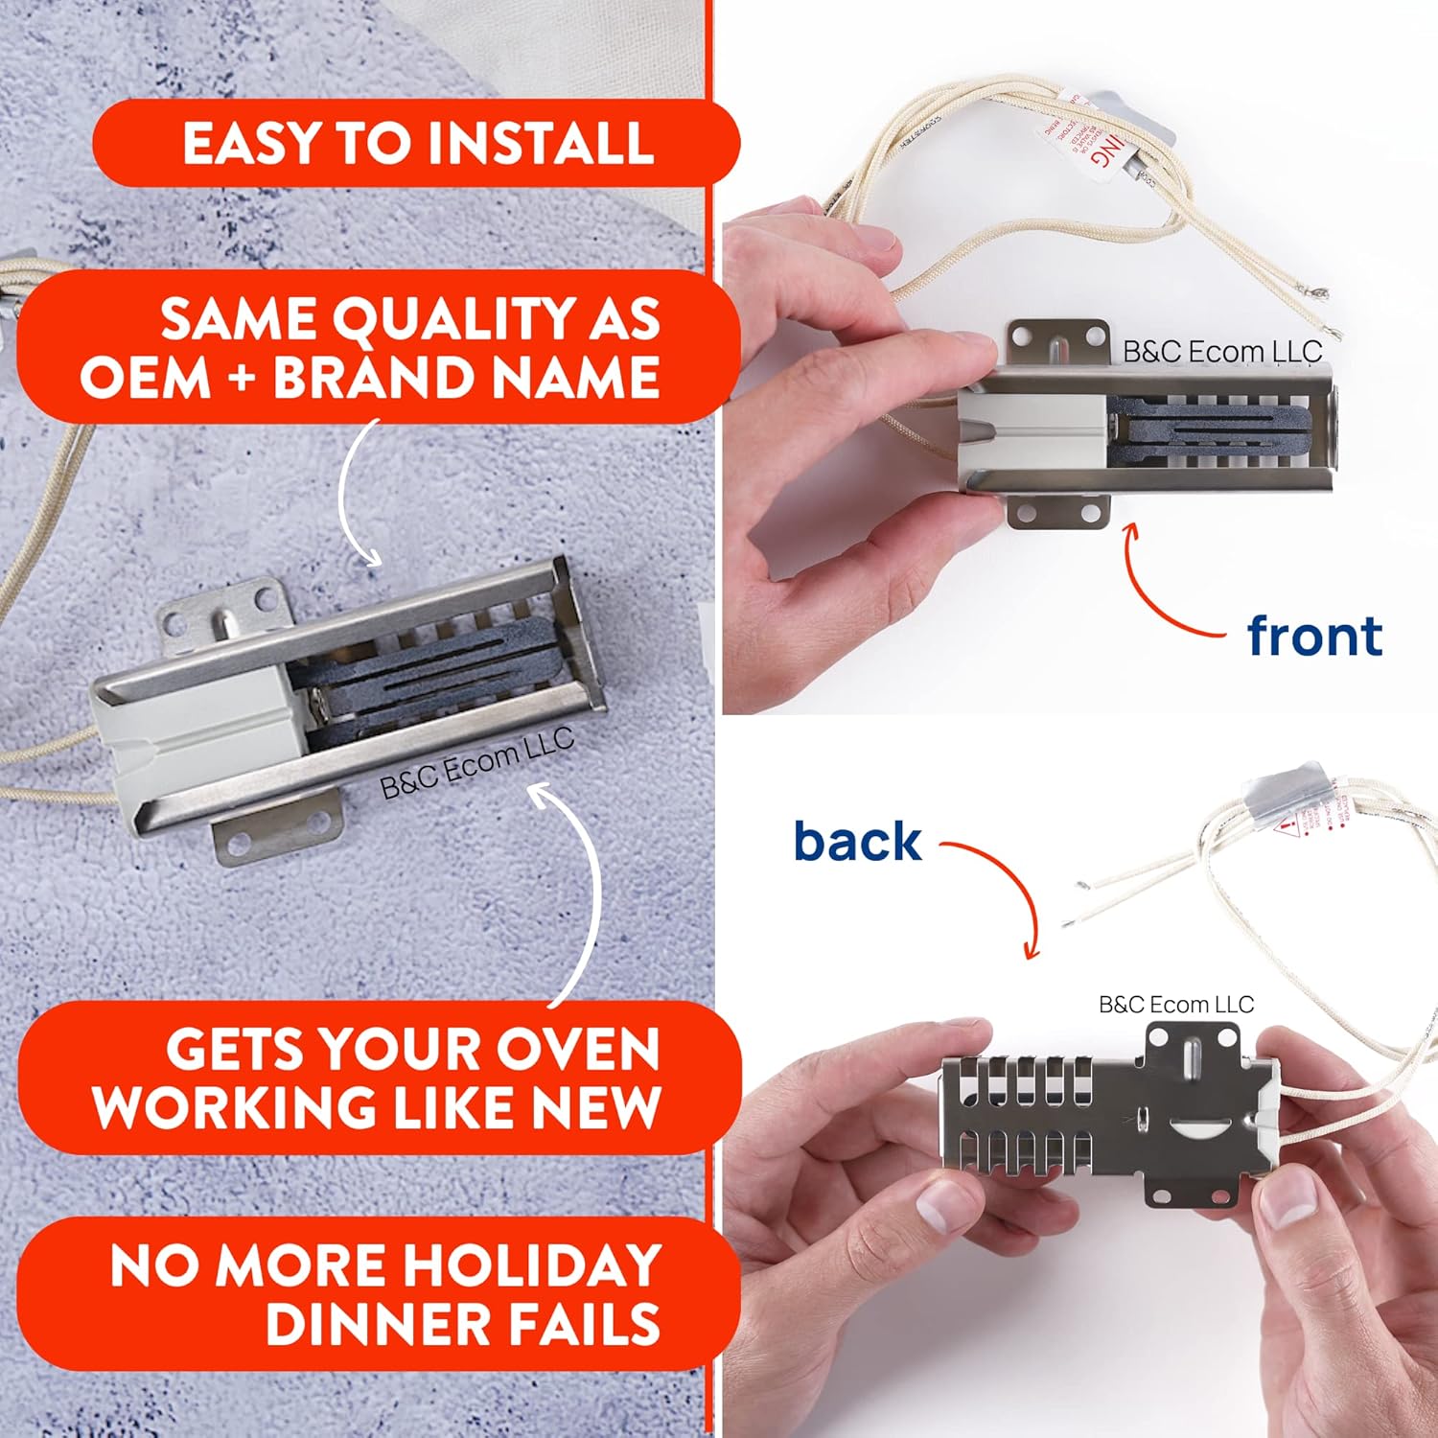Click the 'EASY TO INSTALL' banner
pyautogui.click(x=417, y=143)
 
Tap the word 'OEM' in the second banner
pyautogui.click(x=144, y=377)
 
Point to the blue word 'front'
pyautogui.click(x=1313, y=637)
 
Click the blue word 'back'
pyautogui.click(x=857, y=842)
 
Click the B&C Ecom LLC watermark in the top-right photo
pyautogui.click(x=1221, y=352)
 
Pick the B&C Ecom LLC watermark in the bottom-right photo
pyautogui.click(x=1175, y=1005)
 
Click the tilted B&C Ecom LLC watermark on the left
pyautogui.click(x=476, y=764)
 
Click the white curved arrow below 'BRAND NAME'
pyautogui.click(x=355, y=499)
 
